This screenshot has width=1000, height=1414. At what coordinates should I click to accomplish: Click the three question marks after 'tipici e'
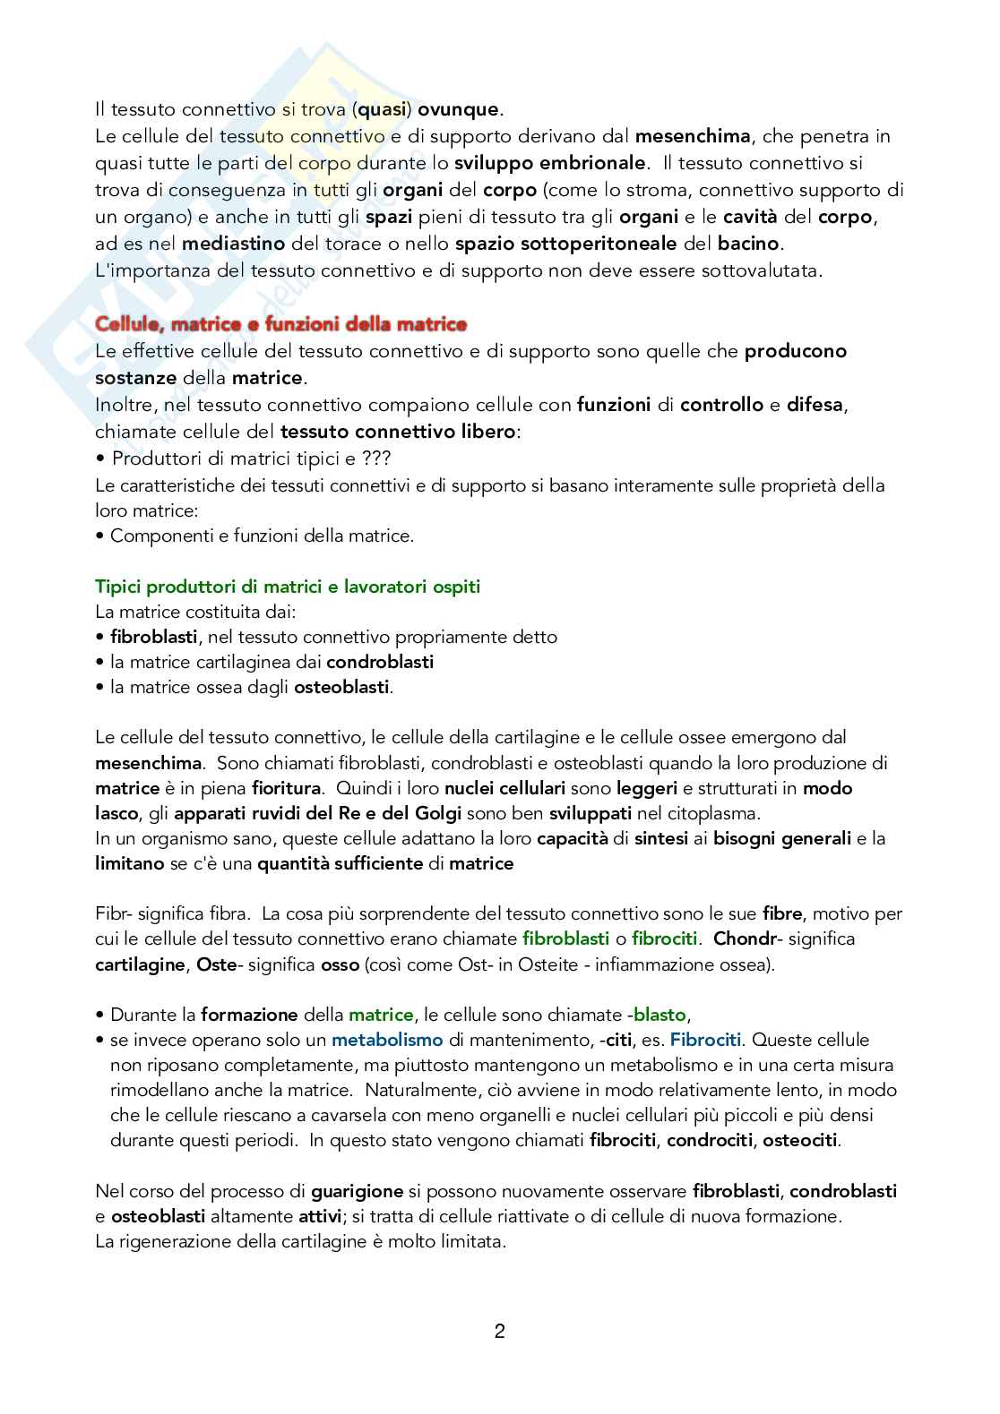(376, 458)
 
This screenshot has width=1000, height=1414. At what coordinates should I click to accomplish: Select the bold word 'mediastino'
(233, 244)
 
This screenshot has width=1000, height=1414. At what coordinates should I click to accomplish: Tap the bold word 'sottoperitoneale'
(605, 244)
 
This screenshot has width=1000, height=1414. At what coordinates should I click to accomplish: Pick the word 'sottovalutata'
(767, 270)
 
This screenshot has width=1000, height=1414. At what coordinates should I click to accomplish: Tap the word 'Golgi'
(438, 813)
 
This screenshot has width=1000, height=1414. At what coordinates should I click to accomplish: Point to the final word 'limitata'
(473, 1242)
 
